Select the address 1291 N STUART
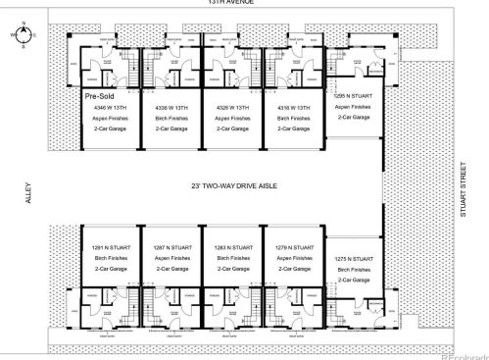[108, 248]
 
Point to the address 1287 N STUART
[171, 248]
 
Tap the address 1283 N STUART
[231, 248]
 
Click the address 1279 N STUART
[292, 248]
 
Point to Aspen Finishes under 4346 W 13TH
[107, 117]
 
